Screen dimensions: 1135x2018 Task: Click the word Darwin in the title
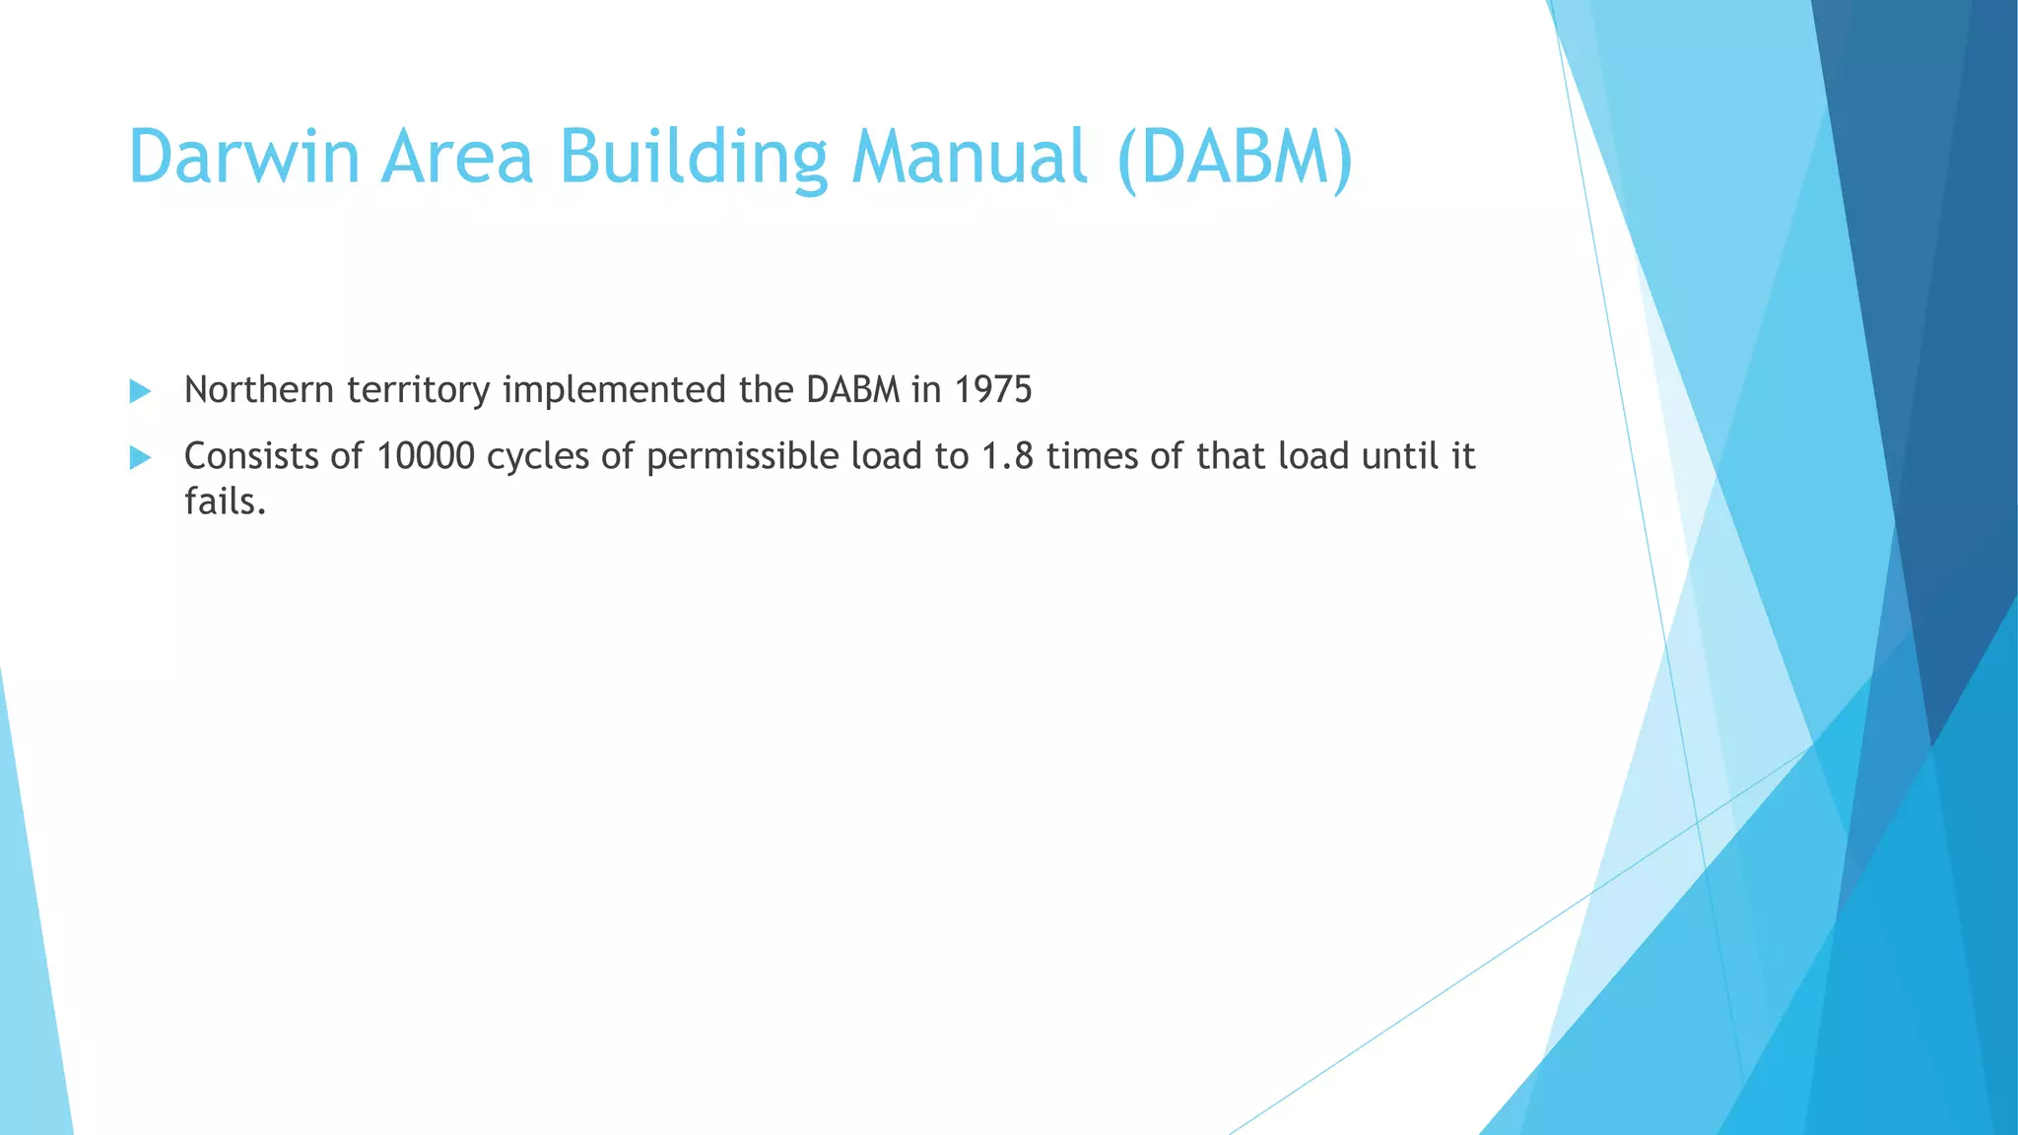tap(244, 158)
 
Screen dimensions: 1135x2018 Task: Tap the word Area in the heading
tap(457, 158)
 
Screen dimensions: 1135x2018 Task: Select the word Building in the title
tap(694, 158)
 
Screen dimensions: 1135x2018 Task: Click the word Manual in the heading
tap(970, 158)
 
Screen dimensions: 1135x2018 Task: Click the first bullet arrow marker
tap(140, 392)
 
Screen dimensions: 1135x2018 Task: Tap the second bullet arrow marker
tap(140, 458)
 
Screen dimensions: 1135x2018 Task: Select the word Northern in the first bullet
tap(259, 390)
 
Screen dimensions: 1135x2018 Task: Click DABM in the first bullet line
tap(853, 390)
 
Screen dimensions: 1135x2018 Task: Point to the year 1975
tap(993, 390)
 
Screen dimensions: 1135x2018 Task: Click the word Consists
tap(251, 456)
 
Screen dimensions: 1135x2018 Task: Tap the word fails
tap(225, 501)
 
